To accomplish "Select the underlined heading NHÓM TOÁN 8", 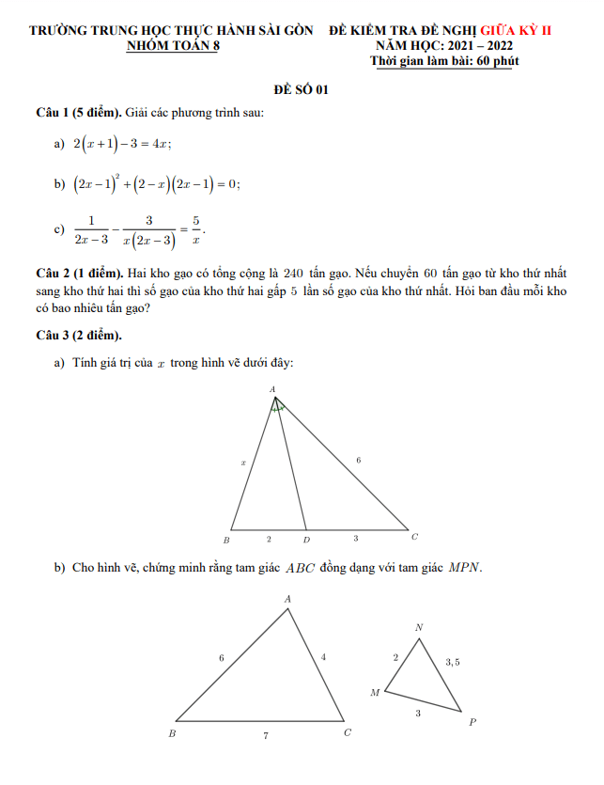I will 171,45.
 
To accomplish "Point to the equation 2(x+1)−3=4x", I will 122,143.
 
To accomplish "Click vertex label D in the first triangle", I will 306,540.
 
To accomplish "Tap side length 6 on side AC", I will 358,460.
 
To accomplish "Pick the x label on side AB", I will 243,463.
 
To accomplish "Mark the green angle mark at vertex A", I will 277,408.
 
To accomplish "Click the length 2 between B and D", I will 268,540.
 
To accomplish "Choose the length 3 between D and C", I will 355,539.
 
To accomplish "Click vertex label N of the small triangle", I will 418,627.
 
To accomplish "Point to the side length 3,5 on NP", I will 453,662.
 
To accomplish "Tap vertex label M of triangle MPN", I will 375,693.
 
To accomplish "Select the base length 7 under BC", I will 264,736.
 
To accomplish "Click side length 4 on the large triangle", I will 323,657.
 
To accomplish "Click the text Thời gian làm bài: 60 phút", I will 444,61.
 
